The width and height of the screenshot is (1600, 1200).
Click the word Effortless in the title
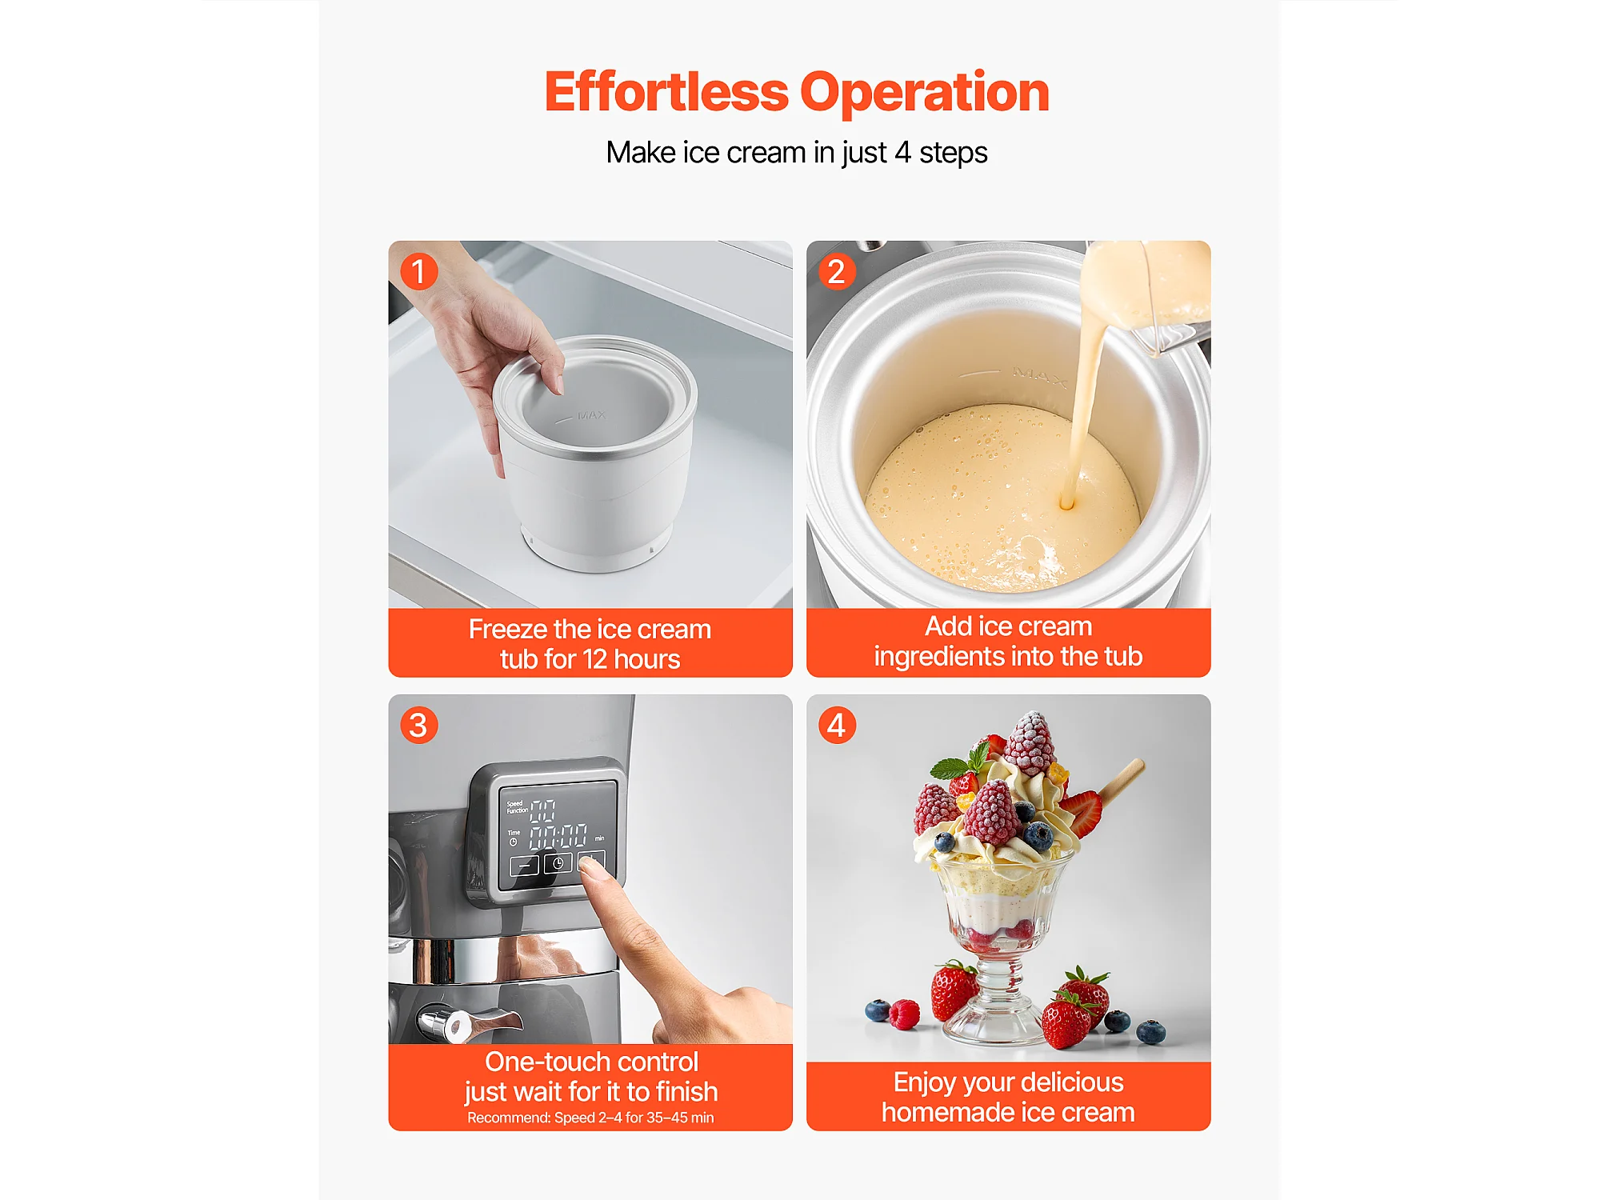point(666,91)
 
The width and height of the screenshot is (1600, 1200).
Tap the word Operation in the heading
point(925,93)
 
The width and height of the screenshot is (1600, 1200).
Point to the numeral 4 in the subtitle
point(902,152)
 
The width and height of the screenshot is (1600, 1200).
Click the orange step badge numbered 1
point(418,271)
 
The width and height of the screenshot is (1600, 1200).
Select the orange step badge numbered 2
point(837,271)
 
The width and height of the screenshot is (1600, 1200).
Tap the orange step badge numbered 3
point(418,725)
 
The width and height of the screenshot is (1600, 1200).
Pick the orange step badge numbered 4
point(837,725)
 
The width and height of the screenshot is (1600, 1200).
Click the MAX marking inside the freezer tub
point(591,415)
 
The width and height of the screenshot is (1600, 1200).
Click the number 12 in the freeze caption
point(594,659)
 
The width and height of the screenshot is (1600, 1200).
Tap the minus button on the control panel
point(525,866)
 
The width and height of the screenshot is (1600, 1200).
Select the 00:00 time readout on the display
point(558,837)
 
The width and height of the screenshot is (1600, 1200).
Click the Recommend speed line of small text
point(590,1118)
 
